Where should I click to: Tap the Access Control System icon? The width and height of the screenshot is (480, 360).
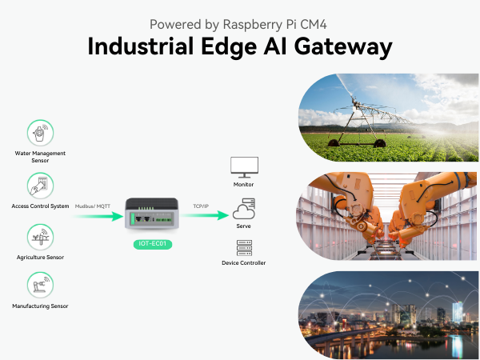click(40, 186)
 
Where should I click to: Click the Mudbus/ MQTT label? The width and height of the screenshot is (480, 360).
click(94, 206)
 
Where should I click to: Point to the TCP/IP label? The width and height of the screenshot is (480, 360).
click(202, 206)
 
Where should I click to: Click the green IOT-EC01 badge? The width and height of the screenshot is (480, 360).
click(152, 243)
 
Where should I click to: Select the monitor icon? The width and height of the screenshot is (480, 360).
click(243, 167)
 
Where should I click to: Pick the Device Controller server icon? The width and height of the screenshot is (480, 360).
click(243, 247)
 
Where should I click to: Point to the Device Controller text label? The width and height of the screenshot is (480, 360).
click(243, 263)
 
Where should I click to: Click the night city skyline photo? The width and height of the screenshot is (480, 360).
click(388, 312)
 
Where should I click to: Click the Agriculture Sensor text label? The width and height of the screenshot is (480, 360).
click(40, 258)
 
